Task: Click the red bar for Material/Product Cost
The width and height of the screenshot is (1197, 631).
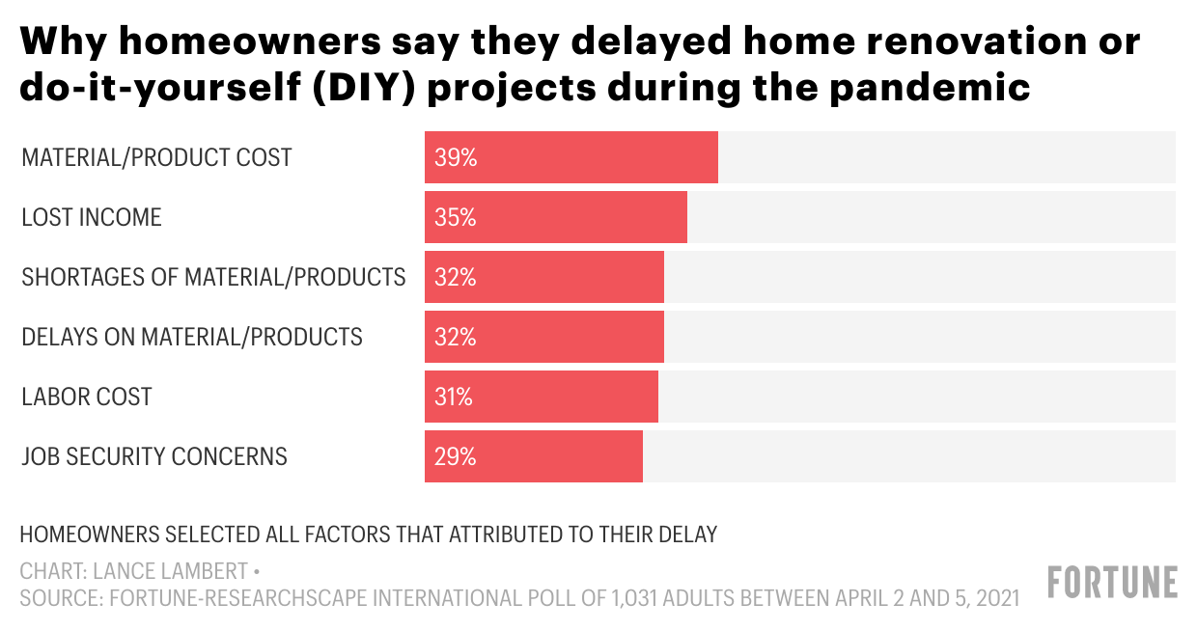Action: pos(571,157)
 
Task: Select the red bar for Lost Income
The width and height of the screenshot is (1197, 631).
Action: pos(556,217)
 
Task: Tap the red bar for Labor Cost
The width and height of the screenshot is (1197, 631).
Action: pos(542,397)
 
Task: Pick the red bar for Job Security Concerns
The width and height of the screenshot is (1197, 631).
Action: pos(534,456)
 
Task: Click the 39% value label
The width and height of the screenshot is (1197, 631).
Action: pos(456,158)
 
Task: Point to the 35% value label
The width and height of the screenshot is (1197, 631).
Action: pos(456,218)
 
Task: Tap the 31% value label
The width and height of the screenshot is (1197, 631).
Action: pos(454,398)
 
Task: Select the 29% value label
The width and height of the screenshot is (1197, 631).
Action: pos(456,457)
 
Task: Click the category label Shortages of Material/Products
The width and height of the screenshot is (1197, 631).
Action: pos(213,278)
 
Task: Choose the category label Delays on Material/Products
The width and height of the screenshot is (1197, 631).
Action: pos(192,338)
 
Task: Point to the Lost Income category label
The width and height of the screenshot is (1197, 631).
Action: pos(92,218)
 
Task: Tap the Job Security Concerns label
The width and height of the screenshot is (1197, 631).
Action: pos(154,456)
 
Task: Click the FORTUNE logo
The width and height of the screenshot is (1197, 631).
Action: pos(1113,583)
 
